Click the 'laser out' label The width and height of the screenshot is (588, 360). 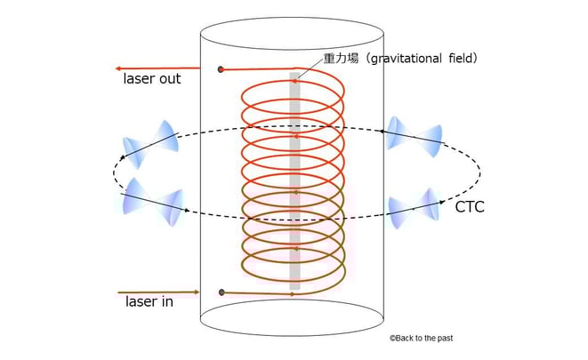[151, 79]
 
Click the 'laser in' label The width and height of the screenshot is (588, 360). [149, 302]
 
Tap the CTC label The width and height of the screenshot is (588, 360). [470, 207]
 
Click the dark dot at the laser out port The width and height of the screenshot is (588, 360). [221, 68]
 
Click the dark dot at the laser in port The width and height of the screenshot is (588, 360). [221, 292]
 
